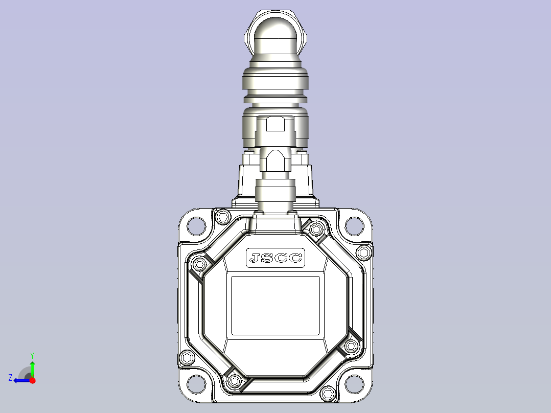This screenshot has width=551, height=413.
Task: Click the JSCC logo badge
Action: [275, 258]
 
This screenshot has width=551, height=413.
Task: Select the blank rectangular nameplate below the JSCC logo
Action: [275, 306]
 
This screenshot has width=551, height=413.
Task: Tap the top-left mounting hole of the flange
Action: [196, 226]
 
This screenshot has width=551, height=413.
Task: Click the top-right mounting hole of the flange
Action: [354, 226]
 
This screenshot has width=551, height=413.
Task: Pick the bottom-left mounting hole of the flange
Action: [196, 384]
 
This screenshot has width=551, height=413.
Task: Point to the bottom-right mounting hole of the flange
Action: [354, 384]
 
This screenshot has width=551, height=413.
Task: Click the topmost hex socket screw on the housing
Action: [222, 217]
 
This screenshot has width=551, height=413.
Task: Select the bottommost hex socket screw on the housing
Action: [328, 393]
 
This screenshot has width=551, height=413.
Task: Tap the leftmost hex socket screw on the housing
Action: [187, 358]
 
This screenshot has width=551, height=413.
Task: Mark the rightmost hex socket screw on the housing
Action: [364, 253]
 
